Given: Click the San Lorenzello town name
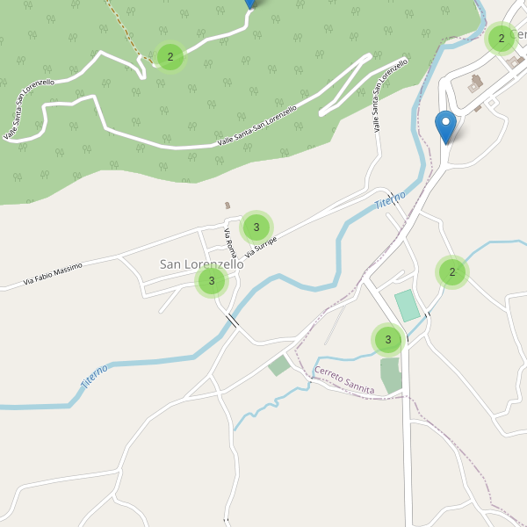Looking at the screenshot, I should pyautogui.click(x=201, y=263).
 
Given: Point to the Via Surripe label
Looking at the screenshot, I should pyautogui.click(x=261, y=247).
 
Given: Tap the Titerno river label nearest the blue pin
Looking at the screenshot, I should pyautogui.click(x=390, y=199).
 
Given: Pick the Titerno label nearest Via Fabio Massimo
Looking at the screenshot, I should pyautogui.click(x=94, y=377).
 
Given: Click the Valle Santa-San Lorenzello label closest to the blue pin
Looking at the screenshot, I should pyautogui.click(x=379, y=96).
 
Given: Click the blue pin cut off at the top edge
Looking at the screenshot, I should pyautogui.click(x=249, y=3).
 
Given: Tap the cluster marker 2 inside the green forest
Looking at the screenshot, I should pyautogui.click(x=170, y=58).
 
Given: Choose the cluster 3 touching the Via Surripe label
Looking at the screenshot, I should pyautogui.click(x=256, y=227).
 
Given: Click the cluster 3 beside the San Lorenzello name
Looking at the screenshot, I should pyautogui.click(x=211, y=282).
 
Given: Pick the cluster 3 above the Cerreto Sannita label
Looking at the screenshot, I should pyautogui.click(x=387, y=339).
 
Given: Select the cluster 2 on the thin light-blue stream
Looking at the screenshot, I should pyautogui.click(x=451, y=272).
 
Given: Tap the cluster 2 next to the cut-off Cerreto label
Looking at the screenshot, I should pyautogui.click(x=501, y=38).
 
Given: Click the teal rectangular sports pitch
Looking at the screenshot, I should pyautogui.click(x=407, y=306).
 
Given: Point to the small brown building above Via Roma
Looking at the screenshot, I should pyautogui.click(x=227, y=206).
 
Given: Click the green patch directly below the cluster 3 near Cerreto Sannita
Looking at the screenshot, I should pyautogui.click(x=391, y=374).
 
